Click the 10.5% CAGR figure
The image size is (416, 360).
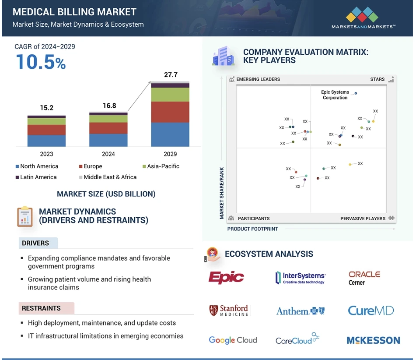(x=41, y=62)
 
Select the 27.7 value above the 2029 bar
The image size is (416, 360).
(x=171, y=75)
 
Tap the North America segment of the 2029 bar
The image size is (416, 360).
(x=170, y=134)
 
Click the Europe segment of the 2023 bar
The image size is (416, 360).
(x=46, y=130)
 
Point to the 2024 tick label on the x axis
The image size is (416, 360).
(x=108, y=154)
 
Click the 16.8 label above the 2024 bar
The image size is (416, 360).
(x=108, y=106)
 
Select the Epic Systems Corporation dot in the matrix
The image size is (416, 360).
(x=356, y=93)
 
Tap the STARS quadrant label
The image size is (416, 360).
(x=377, y=79)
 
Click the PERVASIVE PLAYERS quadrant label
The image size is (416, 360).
(x=363, y=218)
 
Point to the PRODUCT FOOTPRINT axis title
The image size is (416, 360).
(x=252, y=229)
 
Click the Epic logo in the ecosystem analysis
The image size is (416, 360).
(x=226, y=277)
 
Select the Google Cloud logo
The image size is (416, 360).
(x=233, y=340)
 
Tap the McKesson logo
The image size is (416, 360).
(x=373, y=340)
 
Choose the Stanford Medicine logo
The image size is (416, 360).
(x=228, y=311)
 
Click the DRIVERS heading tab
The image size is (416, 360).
(x=35, y=243)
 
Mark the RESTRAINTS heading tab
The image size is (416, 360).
(x=41, y=308)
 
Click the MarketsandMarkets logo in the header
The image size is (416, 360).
(x=364, y=18)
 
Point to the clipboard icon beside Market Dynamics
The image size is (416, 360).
(x=25, y=216)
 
